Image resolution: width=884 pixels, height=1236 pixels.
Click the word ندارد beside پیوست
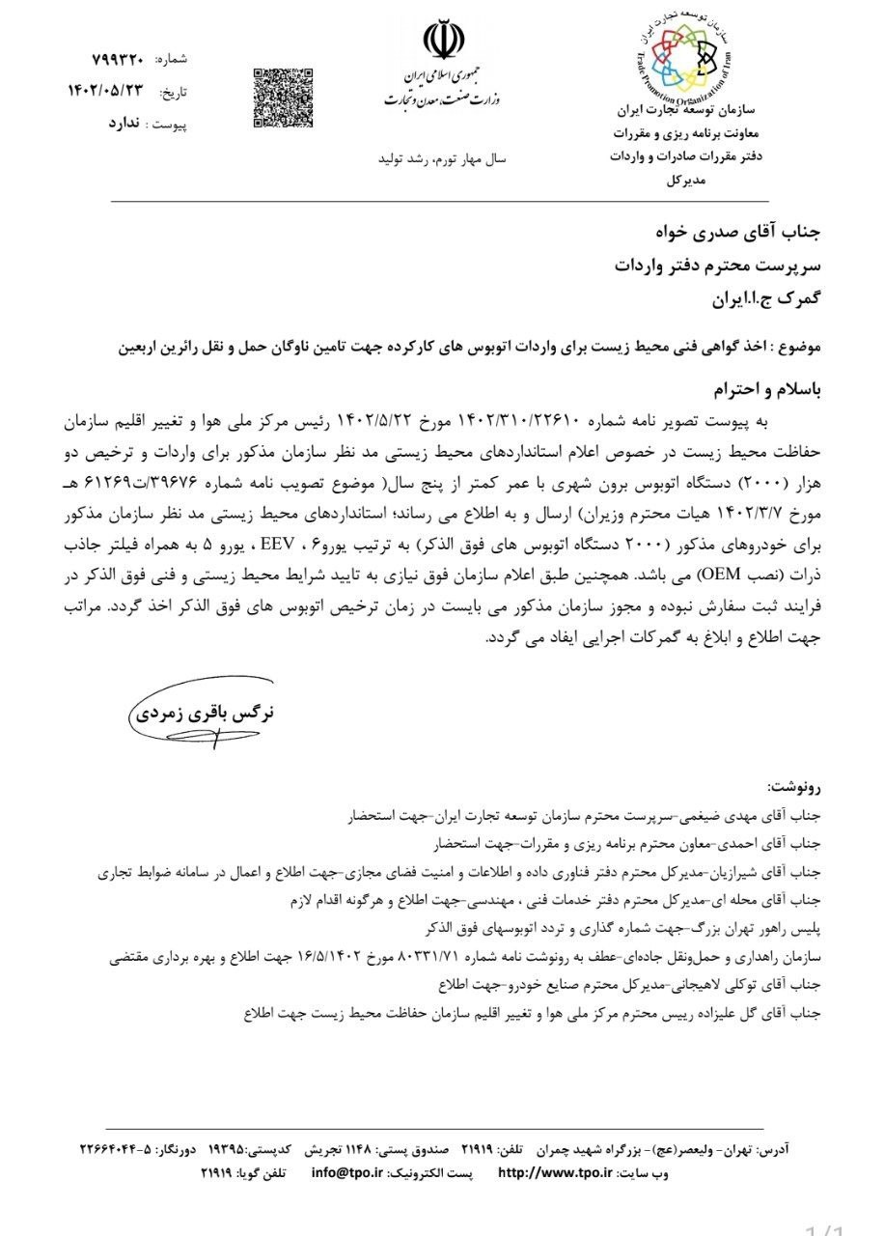coord(124,126)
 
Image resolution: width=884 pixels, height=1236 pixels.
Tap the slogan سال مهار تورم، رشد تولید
coord(435,156)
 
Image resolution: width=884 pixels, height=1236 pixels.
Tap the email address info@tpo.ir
coord(347,1173)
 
